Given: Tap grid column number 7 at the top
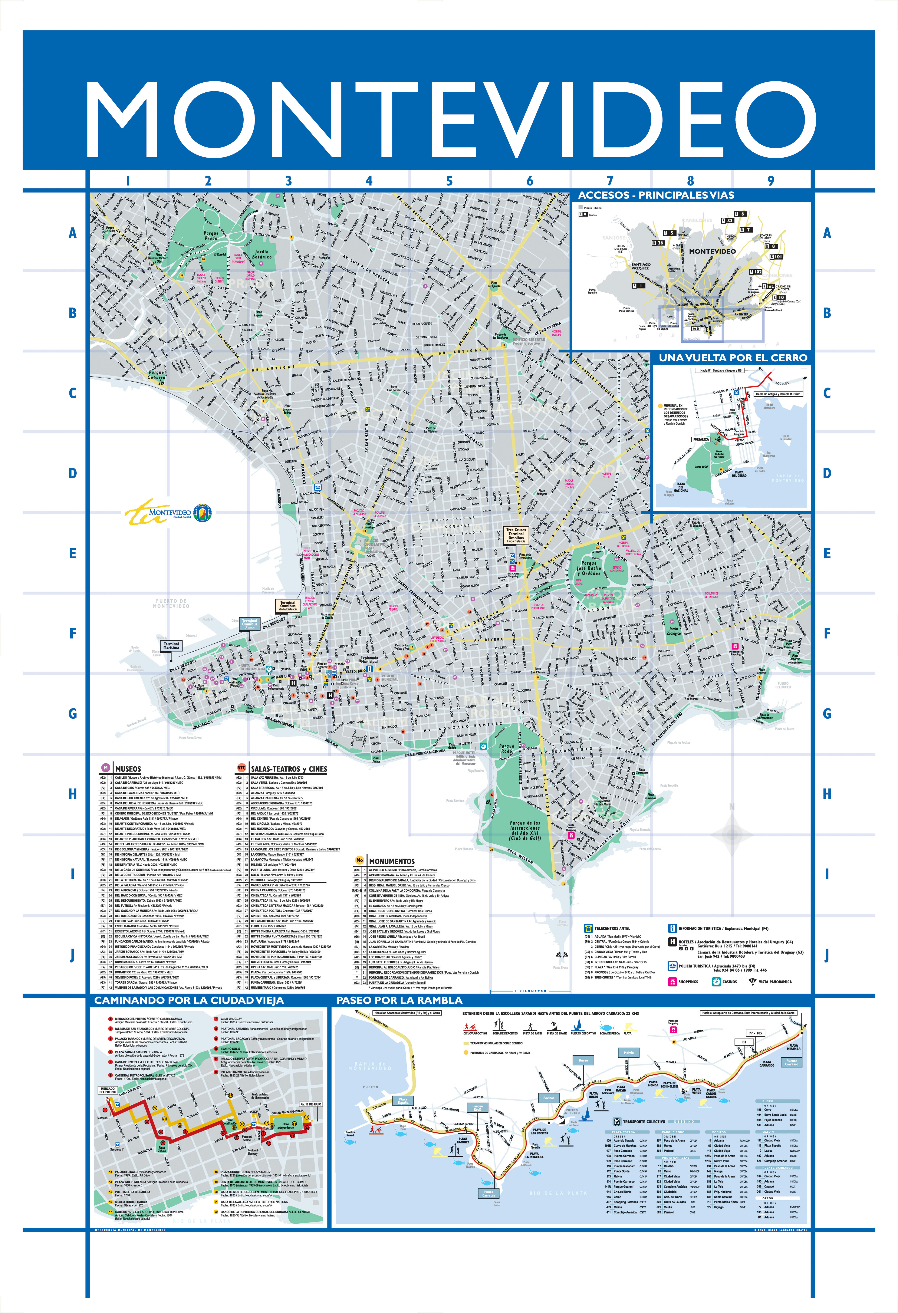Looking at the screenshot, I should point(610,181).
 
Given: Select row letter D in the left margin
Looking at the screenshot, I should point(72,473).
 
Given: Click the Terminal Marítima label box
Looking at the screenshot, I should point(171,645).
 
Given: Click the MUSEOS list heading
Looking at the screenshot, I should point(128,769).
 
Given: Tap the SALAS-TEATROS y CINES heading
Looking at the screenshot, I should point(288,769).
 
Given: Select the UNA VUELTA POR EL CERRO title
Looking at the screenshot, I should point(733,358).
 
